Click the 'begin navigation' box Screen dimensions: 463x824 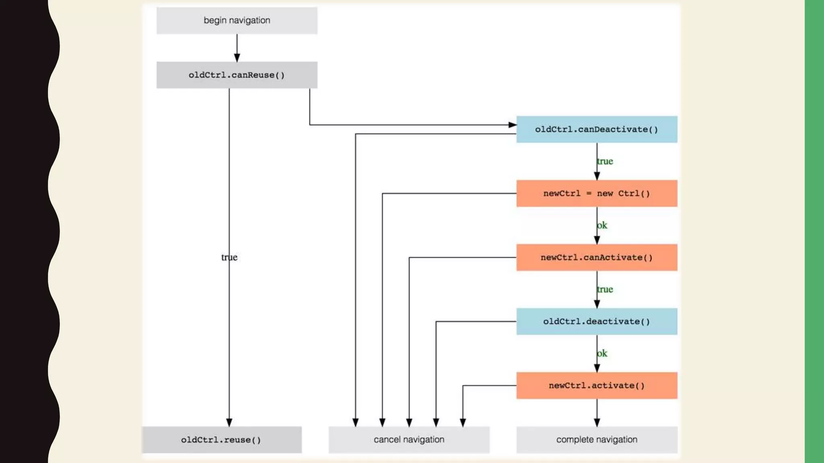coord(237,20)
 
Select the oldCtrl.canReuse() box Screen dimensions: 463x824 coord(237,75)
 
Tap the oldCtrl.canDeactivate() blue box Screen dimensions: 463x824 coord(596,129)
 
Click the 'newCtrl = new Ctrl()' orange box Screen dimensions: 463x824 coord(596,193)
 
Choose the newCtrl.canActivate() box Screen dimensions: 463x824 coord(596,257)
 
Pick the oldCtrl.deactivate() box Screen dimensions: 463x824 coord(596,322)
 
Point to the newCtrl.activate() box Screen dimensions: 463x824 coord(596,385)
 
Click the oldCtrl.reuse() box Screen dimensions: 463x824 coord(221,440)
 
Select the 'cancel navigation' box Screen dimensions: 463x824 coord(409,440)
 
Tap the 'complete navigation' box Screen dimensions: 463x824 coord(596,440)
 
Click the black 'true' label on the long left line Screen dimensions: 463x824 coord(229,257)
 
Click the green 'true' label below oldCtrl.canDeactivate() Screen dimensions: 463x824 coord(605,161)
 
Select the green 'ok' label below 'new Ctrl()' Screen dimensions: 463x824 coord(602,225)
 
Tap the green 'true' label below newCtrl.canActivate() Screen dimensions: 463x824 coord(605,289)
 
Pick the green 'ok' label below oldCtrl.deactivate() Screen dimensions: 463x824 coord(602,353)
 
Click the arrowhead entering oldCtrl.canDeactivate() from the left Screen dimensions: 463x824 coord(513,125)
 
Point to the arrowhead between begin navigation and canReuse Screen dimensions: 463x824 coord(237,58)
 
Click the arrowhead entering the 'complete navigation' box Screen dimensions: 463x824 coord(597,422)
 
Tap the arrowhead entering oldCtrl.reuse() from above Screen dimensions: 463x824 coord(229,422)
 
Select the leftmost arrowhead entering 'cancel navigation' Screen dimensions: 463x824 coord(355,422)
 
